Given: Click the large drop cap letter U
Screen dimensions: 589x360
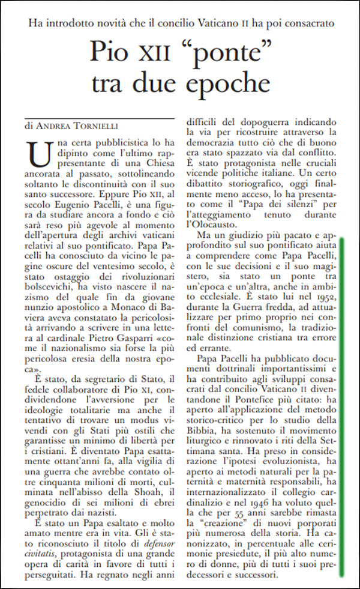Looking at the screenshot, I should [x=39, y=156].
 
